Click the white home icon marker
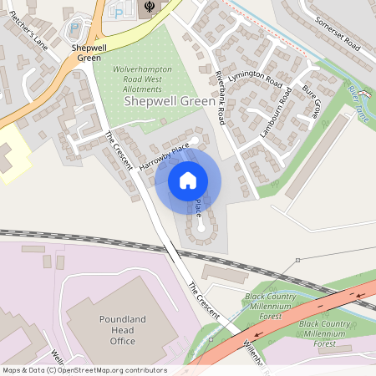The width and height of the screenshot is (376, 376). [x=188, y=180]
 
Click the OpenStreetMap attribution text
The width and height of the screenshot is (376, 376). [x=84, y=370]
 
